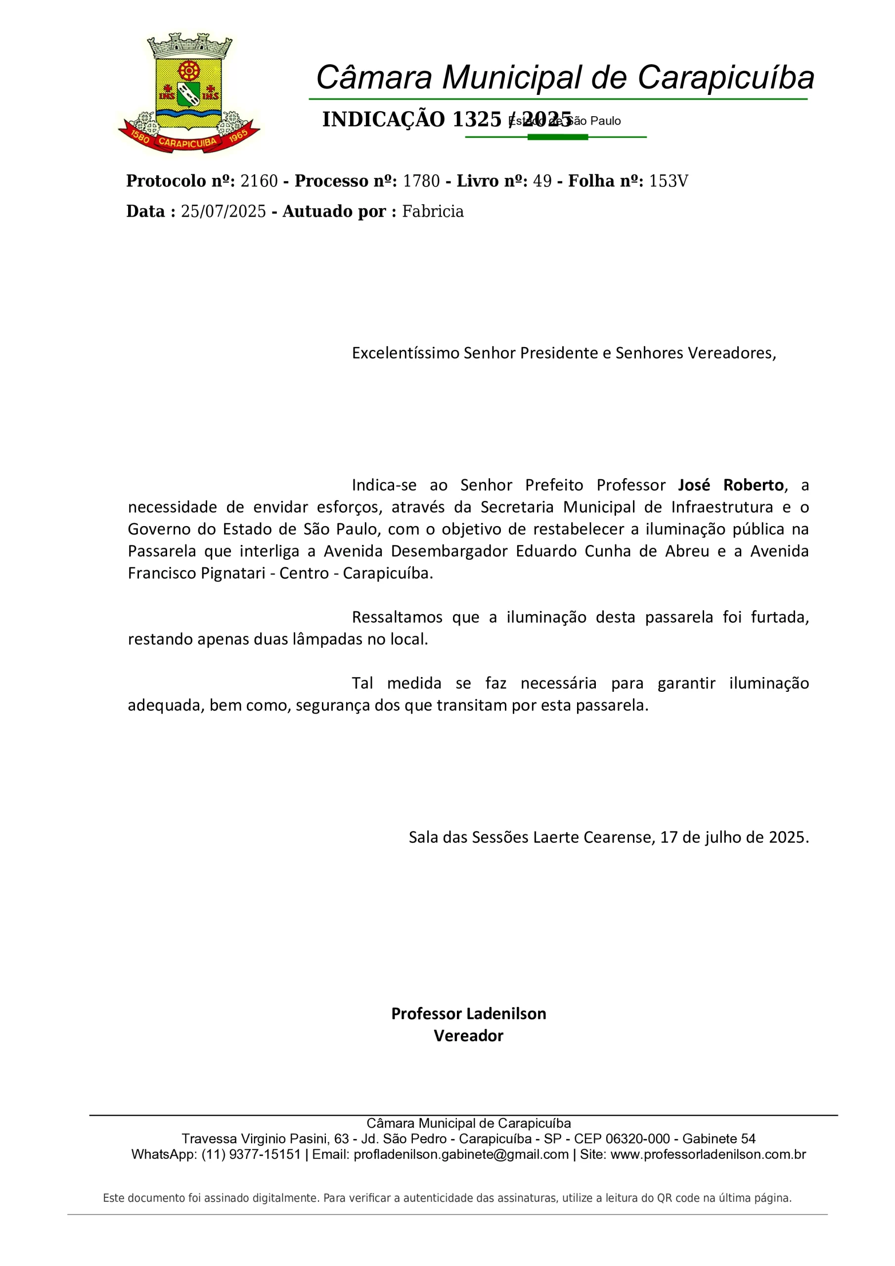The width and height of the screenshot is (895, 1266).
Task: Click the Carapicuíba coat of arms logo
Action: (188, 93)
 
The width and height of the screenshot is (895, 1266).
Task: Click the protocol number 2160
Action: (259, 181)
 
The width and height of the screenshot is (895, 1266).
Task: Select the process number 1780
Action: (421, 181)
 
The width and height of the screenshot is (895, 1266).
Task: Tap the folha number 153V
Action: (669, 181)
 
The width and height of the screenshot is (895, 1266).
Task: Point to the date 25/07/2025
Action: (224, 211)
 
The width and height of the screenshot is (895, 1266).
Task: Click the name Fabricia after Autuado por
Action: (433, 211)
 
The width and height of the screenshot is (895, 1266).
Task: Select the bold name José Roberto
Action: (731, 485)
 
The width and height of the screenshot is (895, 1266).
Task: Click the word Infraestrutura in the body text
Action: (722, 507)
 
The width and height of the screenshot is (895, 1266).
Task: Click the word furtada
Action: (780, 617)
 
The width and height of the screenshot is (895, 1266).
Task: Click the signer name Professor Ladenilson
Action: (468, 1013)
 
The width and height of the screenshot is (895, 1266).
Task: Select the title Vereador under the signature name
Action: (468, 1036)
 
